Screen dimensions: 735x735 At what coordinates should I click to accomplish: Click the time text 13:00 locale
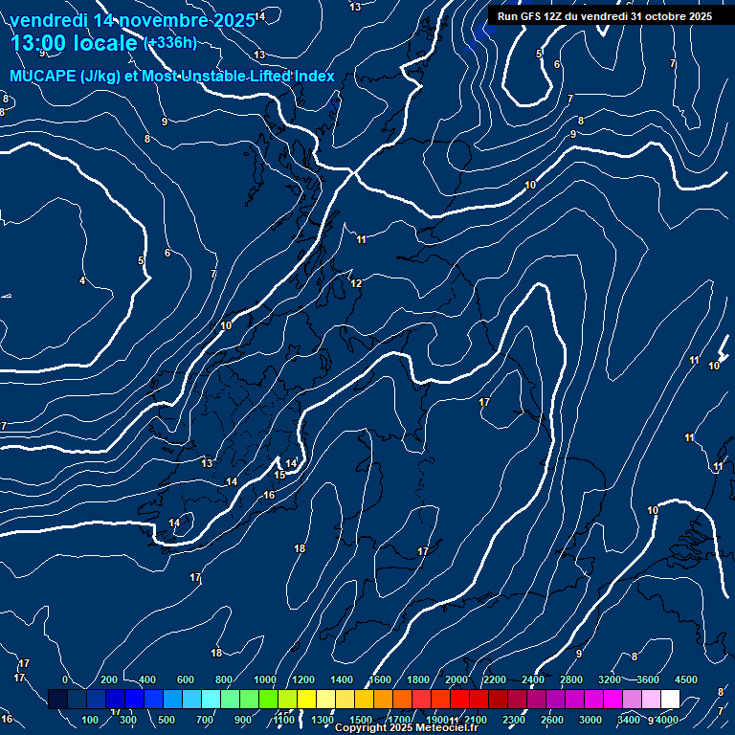tap(74, 43)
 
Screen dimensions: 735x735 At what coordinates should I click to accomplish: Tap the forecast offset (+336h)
tap(169, 42)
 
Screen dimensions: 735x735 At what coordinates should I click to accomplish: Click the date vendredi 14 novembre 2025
tap(132, 20)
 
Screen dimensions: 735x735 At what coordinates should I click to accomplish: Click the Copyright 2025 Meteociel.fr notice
tap(406, 728)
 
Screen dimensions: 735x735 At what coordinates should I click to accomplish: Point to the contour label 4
tap(82, 280)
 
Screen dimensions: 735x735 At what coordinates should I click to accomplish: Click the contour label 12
tap(356, 284)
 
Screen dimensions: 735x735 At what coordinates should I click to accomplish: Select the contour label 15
tap(279, 475)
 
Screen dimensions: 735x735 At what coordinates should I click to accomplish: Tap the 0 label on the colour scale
tap(65, 679)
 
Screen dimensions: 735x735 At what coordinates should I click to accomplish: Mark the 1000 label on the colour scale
tap(265, 679)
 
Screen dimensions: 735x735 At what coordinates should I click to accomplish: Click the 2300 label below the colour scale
tap(514, 720)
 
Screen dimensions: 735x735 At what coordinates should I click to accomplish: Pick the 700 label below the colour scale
tap(206, 720)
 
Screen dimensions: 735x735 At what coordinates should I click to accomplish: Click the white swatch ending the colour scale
tap(670, 700)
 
